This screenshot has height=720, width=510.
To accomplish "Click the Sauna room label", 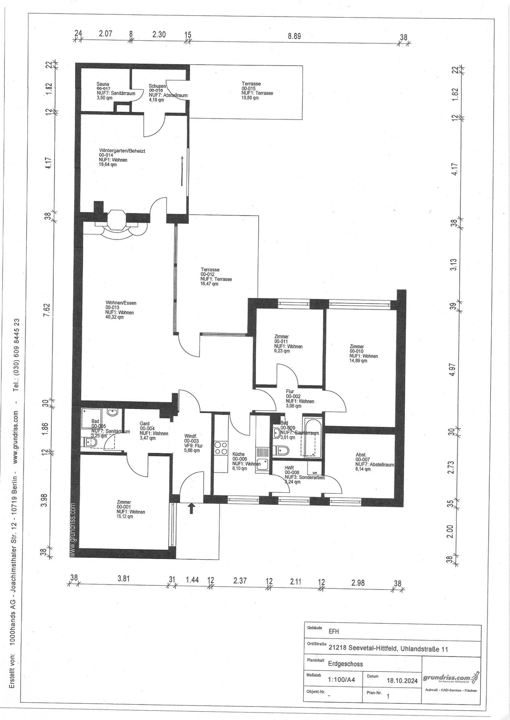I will tap(103, 84).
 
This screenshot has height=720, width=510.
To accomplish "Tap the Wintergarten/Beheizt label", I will tap(122, 151).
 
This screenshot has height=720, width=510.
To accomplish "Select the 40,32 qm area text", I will tap(114, 317).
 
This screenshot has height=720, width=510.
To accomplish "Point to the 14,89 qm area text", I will tap(358, 361).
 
